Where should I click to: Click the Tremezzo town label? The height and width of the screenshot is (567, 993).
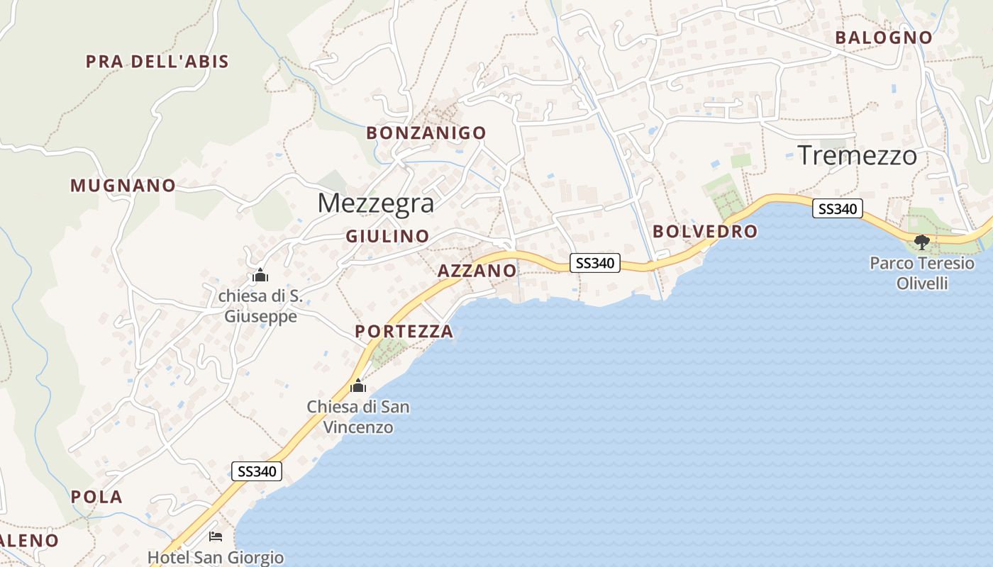tap(858, 156)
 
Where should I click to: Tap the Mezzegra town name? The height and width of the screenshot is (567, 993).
tap(375, 203)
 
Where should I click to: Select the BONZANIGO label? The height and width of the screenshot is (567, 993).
tap(426, 133)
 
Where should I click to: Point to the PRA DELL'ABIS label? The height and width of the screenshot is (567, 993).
tap(157, 62)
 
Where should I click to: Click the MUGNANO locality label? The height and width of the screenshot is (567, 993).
tap(123, 186)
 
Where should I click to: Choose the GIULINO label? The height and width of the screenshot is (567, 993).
tap(387, 236)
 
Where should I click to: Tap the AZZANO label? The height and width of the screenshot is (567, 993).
tap(477, 271)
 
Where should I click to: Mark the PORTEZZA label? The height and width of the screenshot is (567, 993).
tap(404, 331)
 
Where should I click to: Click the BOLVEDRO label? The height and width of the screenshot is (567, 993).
tap(705, 231)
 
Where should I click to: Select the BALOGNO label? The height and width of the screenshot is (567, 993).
tap(883, 38)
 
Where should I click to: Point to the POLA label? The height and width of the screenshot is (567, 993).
tap(96, 497)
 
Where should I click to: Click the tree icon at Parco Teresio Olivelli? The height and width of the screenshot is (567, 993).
tap(922, 243)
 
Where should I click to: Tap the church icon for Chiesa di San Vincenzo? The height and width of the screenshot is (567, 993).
tap(358, 386)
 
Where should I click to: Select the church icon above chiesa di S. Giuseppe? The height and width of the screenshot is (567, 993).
tap(260, 275)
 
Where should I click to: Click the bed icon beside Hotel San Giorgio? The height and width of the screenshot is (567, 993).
tap(216, 537)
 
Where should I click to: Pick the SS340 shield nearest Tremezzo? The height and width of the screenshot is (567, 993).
tap(837, 208)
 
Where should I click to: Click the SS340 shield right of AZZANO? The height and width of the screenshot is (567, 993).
tap(595, 263)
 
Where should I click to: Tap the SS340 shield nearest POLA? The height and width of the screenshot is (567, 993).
tap(257, 471)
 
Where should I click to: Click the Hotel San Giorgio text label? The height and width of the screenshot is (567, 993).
tap(216, 558)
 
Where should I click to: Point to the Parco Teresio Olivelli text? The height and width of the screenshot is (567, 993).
tap(922, 274)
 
